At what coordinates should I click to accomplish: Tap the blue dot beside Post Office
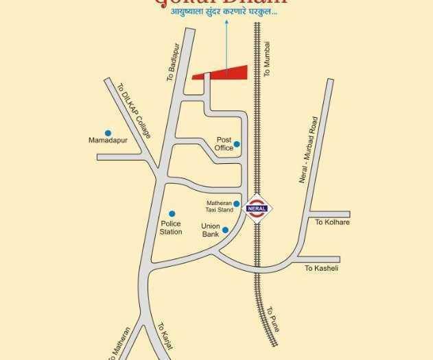tap(237, 145)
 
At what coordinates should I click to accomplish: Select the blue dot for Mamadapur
tap(108, 133)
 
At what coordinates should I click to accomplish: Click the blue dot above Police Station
tap(172, 214)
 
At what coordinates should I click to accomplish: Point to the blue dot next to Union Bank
tap(225, 230)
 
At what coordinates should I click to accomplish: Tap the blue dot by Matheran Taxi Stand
tap(237, 204)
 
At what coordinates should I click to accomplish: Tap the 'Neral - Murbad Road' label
tap(308, 150)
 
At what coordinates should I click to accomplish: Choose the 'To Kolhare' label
tap(332, 223)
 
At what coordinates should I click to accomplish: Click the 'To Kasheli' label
tap(321, 268)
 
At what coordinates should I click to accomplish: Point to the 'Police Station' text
tap(171, 228)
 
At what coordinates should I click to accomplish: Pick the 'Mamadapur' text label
tap(108, 141)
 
